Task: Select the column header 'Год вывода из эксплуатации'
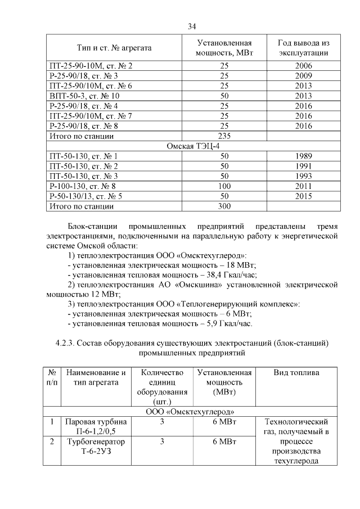[x=303, y=48]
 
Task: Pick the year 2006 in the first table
[x=303, y=66]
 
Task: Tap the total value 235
[x=224, y=136]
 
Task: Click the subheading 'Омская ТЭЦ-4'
[x=191, y=146]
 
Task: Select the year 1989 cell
[x=303, y=156]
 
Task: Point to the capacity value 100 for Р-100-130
[x=224, y=186]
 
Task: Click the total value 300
[x=224, y=206]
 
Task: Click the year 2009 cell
[x=303, y=76]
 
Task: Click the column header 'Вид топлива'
[x=296, y=373]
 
